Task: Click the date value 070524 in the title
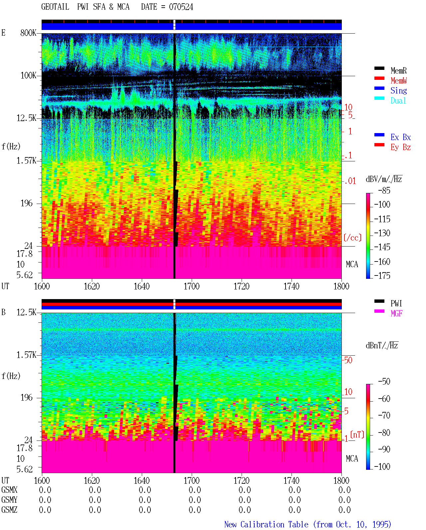[181, 7]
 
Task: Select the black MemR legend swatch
[379, 68]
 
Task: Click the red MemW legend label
[399, 81]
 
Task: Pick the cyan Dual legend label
[398, 100]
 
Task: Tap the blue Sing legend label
[398, 90]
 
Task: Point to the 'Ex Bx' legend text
[401, 137]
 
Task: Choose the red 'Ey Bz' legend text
[401, 147]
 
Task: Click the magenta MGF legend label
[396, 313]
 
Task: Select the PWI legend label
[396, 303]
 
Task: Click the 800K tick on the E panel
[28, 33]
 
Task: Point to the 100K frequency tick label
[28, 76]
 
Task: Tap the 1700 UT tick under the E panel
[191, 286]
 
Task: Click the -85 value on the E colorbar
[384, 191]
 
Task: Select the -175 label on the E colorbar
[382, 275]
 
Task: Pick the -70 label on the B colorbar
[384, 416]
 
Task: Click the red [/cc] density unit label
[352, 238]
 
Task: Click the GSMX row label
[9, 490]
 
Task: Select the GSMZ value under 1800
[344, 510]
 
